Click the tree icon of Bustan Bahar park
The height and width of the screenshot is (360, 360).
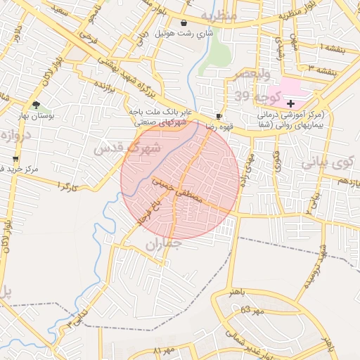pos(36,105)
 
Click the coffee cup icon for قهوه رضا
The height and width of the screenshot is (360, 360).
pos(219,117)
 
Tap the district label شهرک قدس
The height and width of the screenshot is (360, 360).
pos(127,148)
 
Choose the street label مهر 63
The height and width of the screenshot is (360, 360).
pos(251,310)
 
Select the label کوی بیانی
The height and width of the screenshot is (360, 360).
pos(326,162)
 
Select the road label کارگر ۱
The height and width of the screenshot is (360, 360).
pos(67,187)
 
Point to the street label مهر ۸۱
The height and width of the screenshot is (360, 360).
pos(163,349)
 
